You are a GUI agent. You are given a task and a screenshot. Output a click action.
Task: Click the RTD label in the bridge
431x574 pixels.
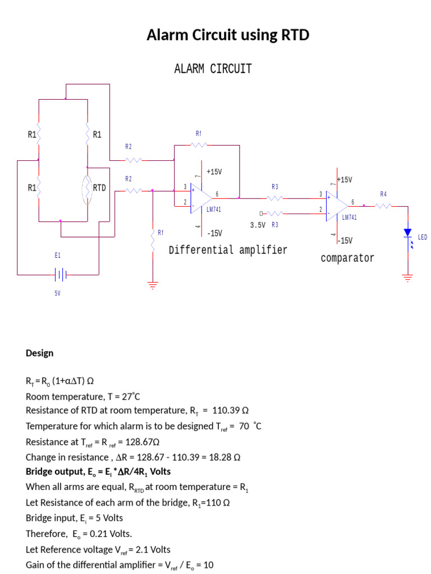(x=99, y=187)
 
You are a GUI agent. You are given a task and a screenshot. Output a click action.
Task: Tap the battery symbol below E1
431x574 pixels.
(x=61, y=275)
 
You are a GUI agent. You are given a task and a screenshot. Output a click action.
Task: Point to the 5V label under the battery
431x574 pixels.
(x=57, y=293)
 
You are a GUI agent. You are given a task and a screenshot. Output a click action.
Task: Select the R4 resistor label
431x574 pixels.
(x=383, y=194)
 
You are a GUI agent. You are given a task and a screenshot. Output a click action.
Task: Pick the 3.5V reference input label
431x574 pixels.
(x=257, y=225)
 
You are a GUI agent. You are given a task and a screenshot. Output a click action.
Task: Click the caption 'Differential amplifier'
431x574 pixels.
(x=228, y=250)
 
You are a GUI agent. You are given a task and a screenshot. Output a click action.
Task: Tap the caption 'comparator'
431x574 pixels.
(x=347, y=258)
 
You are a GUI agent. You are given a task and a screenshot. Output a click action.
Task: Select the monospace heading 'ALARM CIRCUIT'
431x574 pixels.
(x=213, y=69)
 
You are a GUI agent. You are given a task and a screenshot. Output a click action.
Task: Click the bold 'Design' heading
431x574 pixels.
(x=40, y=353)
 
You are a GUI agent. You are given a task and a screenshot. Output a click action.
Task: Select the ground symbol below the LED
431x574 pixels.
(x=407, y=277)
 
